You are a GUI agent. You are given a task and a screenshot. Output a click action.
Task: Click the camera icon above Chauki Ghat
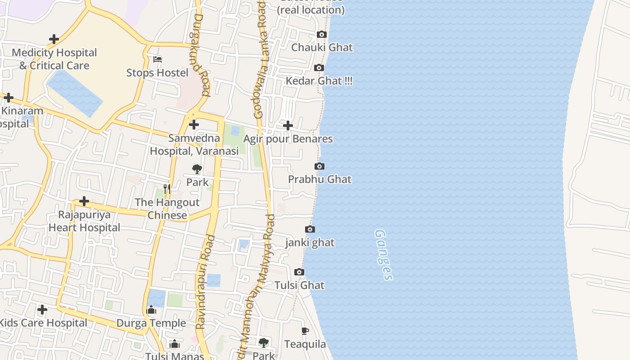point(321,35)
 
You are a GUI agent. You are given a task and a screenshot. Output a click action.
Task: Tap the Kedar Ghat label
point(319,81)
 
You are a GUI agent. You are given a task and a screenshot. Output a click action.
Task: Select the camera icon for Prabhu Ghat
point(319,166)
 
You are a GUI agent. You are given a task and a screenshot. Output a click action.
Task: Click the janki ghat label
point(310,243)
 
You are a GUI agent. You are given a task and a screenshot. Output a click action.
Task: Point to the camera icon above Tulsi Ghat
point(299,272)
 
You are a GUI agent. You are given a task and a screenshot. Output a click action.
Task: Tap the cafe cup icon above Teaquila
point(305,331)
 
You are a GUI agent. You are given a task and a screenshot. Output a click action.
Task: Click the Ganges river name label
point(383,255)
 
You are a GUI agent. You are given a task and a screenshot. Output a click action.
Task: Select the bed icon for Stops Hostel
point(157,59)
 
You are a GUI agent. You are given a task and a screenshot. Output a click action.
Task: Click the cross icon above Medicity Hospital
point(54,39)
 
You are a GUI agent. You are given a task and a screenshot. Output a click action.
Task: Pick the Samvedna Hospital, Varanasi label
point(194,144)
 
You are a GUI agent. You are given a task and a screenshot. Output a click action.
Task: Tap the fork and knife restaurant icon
point(167,189)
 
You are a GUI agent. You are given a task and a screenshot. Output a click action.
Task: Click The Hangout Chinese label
point(167,209)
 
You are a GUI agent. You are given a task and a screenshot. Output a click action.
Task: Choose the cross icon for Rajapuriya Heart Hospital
point(84,201)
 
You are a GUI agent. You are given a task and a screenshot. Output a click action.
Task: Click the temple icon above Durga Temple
point(151,310)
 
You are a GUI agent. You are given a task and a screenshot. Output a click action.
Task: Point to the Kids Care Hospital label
point(43,323)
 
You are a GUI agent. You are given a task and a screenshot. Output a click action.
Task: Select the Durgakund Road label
point(201,55)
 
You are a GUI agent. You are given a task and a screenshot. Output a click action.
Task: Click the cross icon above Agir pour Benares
point(288,126)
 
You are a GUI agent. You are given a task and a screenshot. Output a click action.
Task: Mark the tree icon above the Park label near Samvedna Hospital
point(197,169)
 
